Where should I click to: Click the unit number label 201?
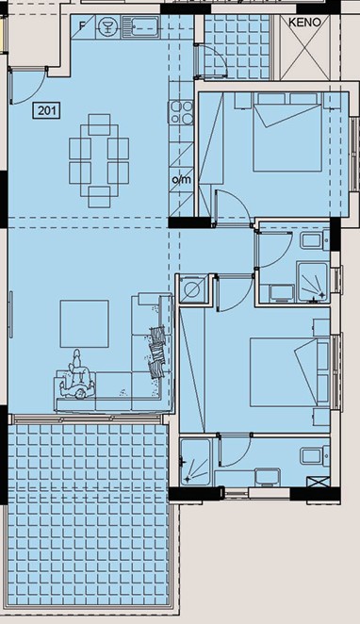click(47, 110)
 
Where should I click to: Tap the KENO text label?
click(304, 23)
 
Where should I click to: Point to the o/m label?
click(181, 179)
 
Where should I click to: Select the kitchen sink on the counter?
click(140, 27)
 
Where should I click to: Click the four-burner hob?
click(182, 112)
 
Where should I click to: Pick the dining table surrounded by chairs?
click(99, 161)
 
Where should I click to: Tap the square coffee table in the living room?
click(84, 324)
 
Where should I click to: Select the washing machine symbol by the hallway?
click(192, 290)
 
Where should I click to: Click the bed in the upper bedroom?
click(287, 132)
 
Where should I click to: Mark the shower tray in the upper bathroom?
click(313, 282)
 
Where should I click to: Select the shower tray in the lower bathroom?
click(195, 462)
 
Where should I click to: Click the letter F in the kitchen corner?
click(82, 26)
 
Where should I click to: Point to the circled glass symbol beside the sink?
click(108, 27)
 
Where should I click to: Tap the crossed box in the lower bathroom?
click(319, 481)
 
